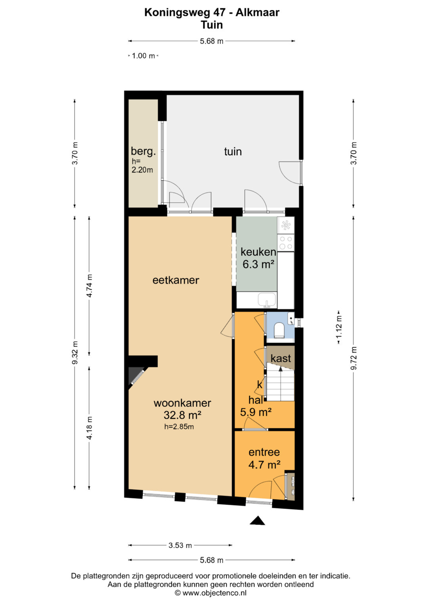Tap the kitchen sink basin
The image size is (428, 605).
tap(267, 300)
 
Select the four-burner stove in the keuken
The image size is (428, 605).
tap(286, 242)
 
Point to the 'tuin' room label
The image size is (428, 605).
tap(233, 151)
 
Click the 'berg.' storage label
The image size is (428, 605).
tap(143, 151)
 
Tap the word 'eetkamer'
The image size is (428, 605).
tap(176, 280)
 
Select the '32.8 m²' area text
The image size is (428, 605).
tap(182, 414)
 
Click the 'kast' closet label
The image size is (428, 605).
tap(281, 358)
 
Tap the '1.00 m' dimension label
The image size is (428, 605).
tap(143, 56)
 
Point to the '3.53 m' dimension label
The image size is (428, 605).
tap(180, 545)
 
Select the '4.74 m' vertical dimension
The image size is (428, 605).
tap(90, 286)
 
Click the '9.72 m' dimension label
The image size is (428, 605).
tap(353, 358)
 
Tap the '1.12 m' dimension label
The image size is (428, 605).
tap(339, 327)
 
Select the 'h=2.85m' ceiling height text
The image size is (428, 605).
tap(179, 427)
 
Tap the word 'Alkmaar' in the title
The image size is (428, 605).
tap(257, 12)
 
